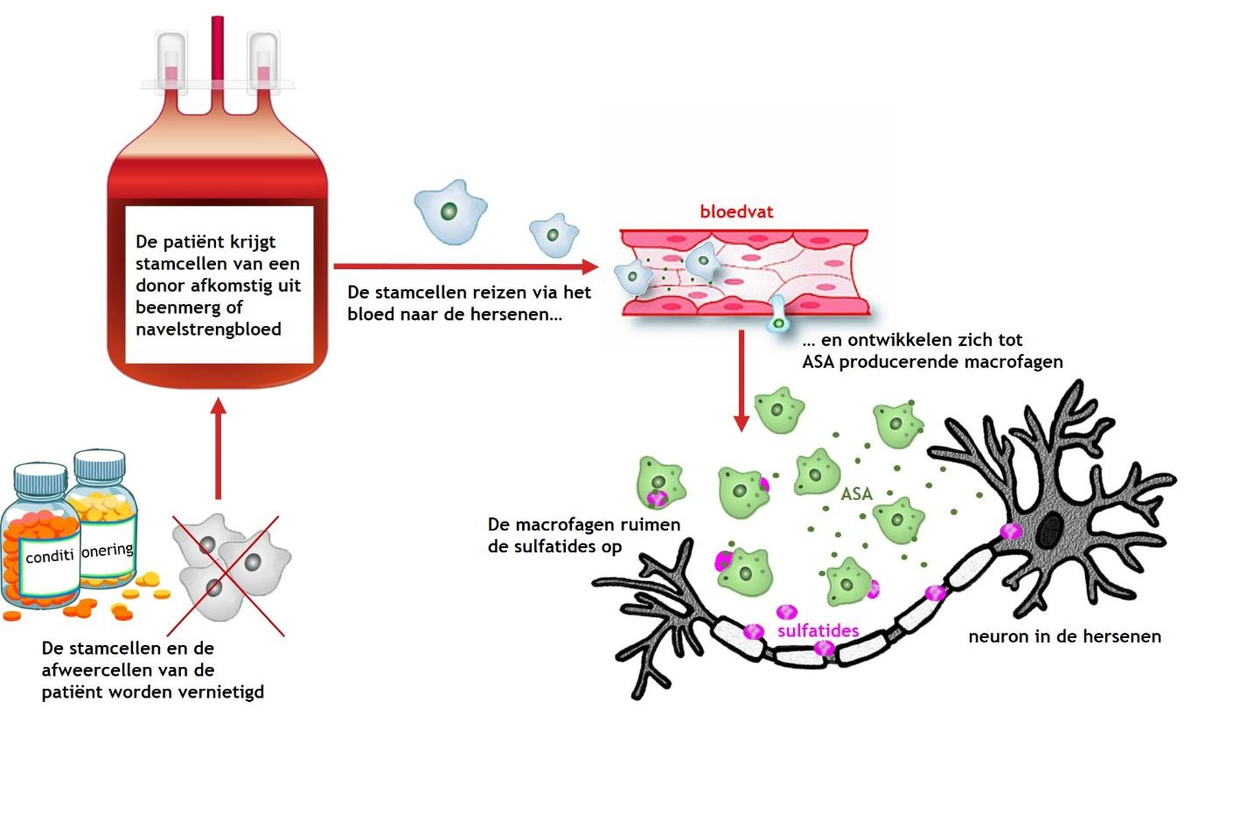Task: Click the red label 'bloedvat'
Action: coord(735,212)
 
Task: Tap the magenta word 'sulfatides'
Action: coord(818,630)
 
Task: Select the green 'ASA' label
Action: coord(856,494)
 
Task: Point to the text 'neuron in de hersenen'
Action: coord(1064,636)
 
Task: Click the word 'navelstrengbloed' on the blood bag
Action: coord(208,330)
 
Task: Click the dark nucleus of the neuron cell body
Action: coord(1048,530)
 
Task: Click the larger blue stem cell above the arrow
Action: coord(449,211)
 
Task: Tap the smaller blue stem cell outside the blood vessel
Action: coord(554,234)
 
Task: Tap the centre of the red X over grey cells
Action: coord(226,574)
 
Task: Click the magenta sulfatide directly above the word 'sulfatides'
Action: coord(786,611)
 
